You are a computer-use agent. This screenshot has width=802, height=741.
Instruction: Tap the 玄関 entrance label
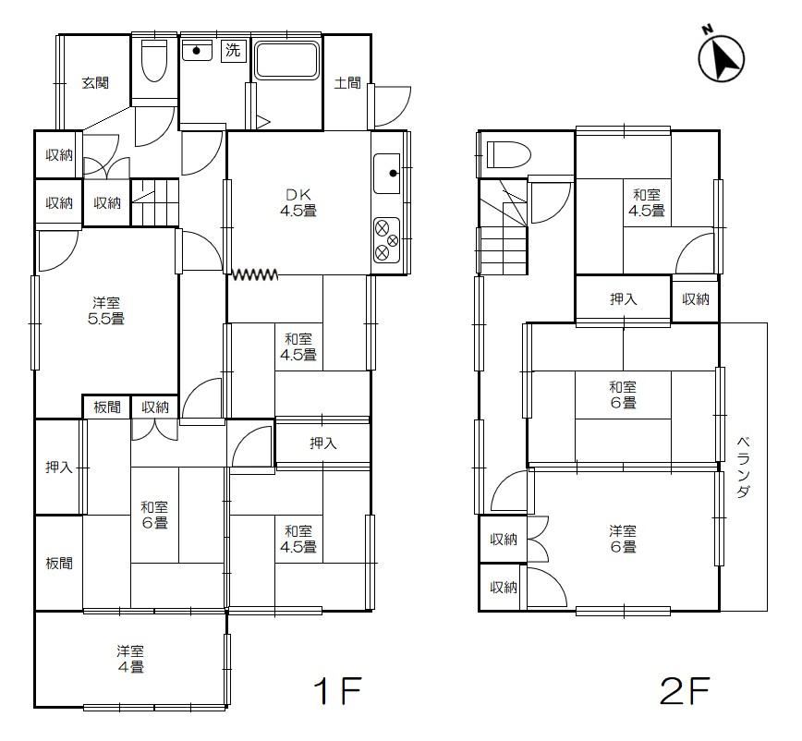pos(95,82)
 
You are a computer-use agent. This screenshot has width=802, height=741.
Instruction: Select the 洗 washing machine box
pos(233,50)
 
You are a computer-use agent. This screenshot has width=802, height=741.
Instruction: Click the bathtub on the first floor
pos(287,60)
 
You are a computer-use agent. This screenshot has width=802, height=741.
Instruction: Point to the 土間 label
pos(347,82)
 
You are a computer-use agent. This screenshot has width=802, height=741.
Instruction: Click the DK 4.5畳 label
pos(298,202)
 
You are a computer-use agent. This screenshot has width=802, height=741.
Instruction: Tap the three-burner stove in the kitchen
pos(386,240)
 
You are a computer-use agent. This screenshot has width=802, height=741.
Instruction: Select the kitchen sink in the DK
pos(386,174)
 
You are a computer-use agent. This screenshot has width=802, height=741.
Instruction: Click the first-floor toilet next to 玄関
pos(154,60)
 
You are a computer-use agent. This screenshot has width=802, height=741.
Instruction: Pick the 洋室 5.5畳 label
pos(106,311)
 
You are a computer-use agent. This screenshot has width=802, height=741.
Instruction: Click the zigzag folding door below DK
pos(255,274)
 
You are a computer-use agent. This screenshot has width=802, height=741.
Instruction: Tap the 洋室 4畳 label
pos(130,659)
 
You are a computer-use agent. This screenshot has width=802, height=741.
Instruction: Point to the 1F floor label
pos(337,690)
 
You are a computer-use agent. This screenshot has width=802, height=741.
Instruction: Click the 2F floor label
pos(685,690)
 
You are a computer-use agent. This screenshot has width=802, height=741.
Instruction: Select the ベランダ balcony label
pos(743,467)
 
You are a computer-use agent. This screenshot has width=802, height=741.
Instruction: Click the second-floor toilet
pos(508,155)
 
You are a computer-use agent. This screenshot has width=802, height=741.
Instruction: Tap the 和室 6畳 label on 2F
pos(623,395)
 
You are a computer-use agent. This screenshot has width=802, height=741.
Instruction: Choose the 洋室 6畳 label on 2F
pos(623,539)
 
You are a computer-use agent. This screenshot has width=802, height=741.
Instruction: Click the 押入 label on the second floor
pos(623,298)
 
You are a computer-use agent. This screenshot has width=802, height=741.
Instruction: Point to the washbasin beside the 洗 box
pos(197,50)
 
